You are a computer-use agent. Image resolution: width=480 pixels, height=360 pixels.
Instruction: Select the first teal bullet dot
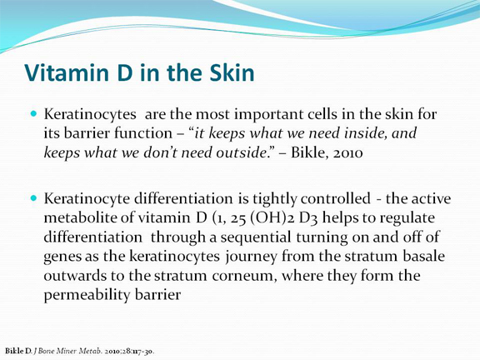33,114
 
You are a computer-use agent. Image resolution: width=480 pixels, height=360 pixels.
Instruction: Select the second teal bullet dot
33,198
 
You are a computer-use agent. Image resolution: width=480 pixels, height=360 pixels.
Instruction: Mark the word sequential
256,238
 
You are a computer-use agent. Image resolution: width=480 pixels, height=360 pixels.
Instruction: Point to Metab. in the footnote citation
90,351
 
